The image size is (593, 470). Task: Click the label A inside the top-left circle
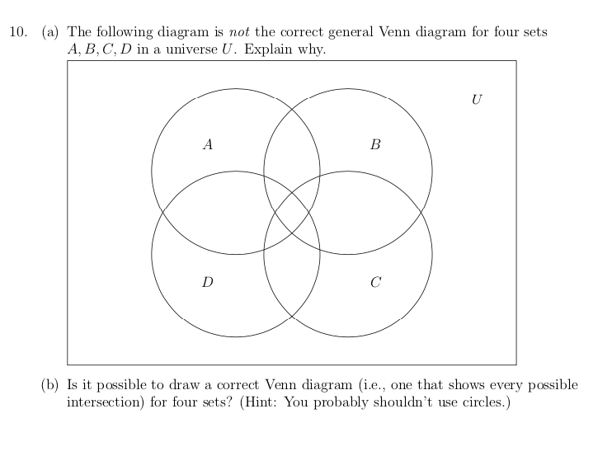point(208,145)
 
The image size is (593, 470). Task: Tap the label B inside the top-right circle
point(376,145)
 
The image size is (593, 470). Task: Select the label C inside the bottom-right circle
point(376,283)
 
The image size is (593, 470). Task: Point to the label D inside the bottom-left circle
point(208,283)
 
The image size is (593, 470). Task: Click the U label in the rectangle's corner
point(477,100)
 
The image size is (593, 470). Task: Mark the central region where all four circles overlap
point(292,213)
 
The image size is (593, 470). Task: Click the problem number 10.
point(18,32)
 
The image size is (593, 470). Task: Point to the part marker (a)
point(50,32)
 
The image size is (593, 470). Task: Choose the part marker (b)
point(50,385)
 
